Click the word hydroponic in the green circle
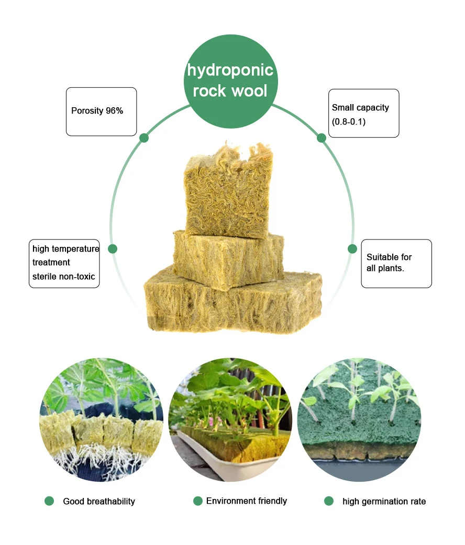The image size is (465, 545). (x=230, y=70)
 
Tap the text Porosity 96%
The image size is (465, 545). (x=97, y=111)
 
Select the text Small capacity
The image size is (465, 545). (x=360, y=107)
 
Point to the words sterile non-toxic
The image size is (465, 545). (x=64, y=276)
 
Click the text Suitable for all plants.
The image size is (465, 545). (x=389, y=263)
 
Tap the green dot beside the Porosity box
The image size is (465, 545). (x=144, y=138)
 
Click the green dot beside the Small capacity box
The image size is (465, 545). (x=322, y=138)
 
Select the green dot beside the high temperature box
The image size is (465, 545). (x=113, y=249)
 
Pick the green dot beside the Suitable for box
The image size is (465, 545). (x=352, y=249)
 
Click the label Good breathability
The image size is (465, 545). (x=99, y=501)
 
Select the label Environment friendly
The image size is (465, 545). (x=247, y=501)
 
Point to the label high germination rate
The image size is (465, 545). (x=384, y=501)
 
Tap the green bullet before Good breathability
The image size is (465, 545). (x=49, y=501)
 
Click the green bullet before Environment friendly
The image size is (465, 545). (x=197, y=501)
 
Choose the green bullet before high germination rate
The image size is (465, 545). (x=329, y=501)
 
